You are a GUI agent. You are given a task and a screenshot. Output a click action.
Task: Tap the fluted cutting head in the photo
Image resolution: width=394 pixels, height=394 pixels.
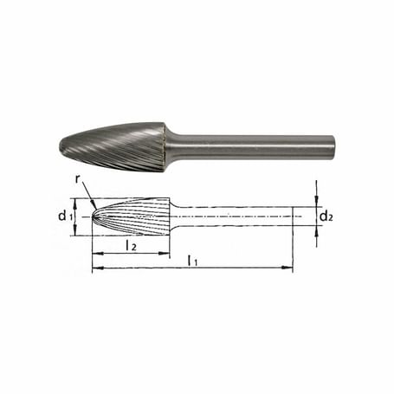point(117,143)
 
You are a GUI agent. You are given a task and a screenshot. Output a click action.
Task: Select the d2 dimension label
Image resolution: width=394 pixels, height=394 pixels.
point(326,215)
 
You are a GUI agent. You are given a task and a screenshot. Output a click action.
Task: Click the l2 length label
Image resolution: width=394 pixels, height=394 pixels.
point(130,245)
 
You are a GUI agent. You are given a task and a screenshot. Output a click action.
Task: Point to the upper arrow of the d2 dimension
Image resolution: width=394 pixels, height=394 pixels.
point(317,201)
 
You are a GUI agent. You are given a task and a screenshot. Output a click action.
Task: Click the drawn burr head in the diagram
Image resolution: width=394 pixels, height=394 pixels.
point(130,216)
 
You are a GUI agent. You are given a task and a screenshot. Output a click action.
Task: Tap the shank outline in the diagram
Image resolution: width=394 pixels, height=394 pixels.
point(234,216)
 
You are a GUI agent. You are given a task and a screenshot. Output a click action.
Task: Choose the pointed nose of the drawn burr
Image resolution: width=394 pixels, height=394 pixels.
point(94,216)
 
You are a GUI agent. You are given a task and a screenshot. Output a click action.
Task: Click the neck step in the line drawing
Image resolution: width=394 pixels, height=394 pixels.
point(173,216)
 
